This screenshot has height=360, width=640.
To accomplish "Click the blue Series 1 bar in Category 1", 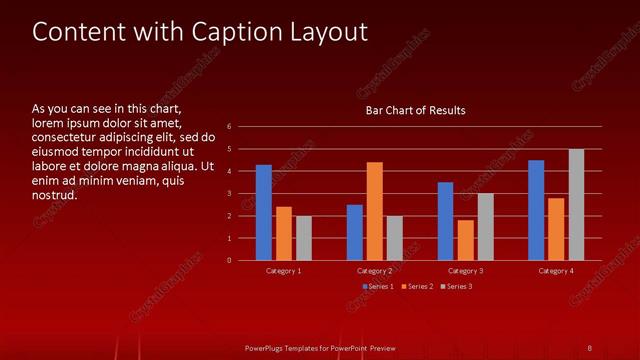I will click(264, 213).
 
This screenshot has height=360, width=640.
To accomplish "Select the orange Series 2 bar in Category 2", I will click(375, 211).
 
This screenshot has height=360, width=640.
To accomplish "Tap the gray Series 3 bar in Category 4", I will click(576, 205).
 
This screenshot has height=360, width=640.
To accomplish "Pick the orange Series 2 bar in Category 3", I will click(465, 240).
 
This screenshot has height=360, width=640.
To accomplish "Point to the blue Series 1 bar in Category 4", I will click(536, 210).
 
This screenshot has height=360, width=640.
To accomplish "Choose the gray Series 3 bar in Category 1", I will click(304, 238).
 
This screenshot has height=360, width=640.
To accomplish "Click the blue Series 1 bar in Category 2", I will click(355, 232).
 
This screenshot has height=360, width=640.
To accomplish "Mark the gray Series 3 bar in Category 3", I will click(485, 227).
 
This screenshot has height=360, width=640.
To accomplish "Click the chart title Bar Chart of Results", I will click(415, 110).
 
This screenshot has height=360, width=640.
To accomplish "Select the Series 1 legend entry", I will click(378, 287).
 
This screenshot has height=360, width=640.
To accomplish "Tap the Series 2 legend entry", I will click(417, 287).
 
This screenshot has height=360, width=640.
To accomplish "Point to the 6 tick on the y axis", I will click(229, 127).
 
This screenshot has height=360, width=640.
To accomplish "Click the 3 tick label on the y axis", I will click(229, 194).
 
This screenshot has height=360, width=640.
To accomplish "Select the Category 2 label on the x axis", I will click(374, 271).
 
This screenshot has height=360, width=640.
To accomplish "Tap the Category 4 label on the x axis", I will click(556, 271).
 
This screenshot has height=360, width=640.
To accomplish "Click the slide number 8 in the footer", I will click(590, 347).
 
